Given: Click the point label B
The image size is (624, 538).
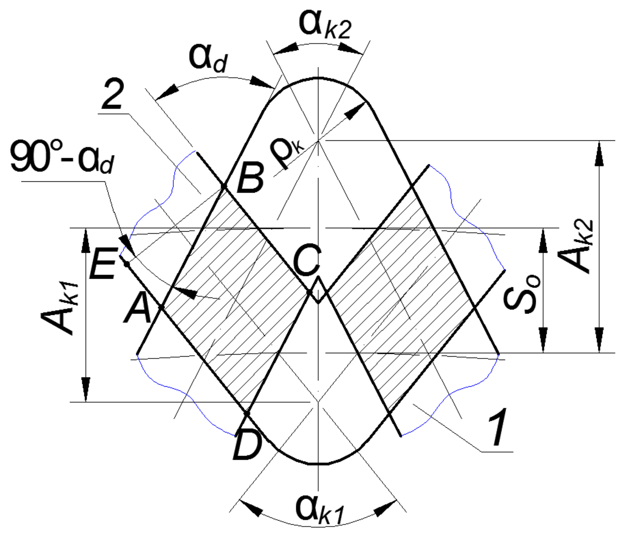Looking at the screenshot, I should pyautogui.click(x=250, y=178).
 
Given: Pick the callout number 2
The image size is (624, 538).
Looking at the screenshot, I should pyautogui.click(x=112, y=95).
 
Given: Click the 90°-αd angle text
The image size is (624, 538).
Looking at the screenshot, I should pyautogui.click(x=62, y=157).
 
